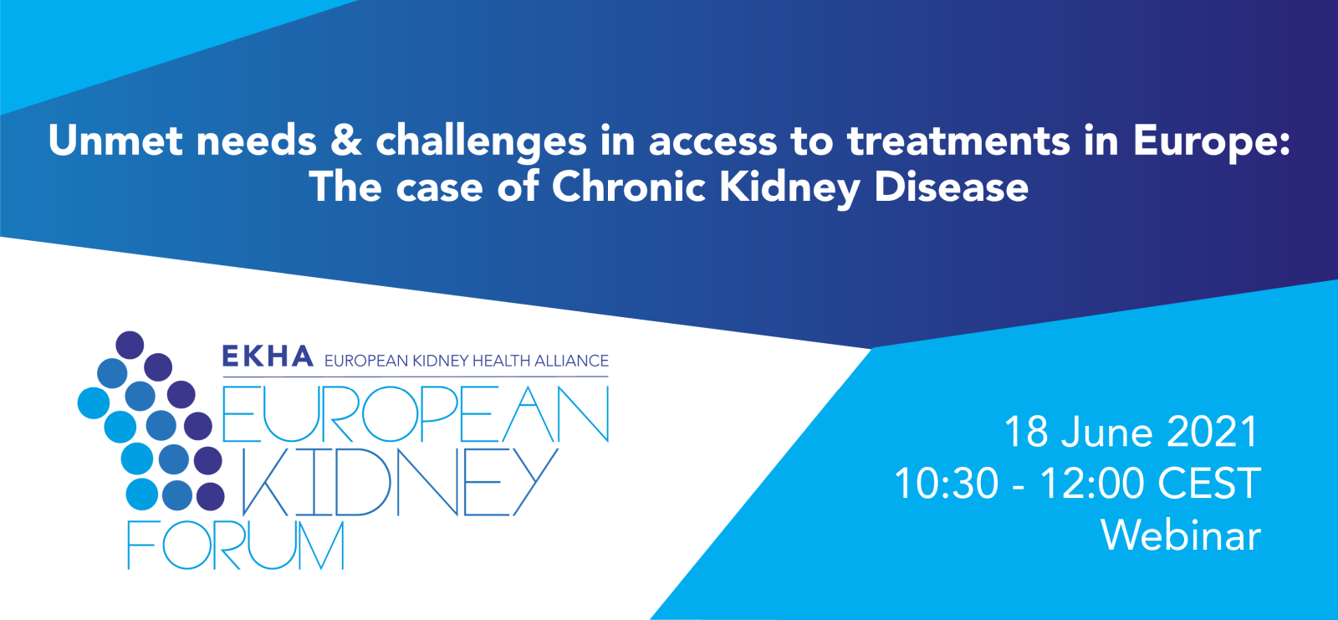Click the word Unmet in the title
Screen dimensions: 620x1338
(x=115, y=140)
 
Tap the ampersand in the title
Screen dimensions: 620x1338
(x=346, y=140)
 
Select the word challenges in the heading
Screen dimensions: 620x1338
(x=481, y=141)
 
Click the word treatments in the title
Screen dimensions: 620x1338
(x=958, y=140)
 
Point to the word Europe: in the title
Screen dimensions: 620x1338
(x=1211, y=141)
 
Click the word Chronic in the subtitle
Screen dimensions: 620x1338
(x=629, y=186)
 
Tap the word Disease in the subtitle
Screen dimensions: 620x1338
(x=951, y=186)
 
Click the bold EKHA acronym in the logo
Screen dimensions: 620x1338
(x=268, y=357)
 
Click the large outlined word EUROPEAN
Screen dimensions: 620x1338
(x=416, y=414)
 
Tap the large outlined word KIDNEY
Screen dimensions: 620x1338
(x=400, y=482)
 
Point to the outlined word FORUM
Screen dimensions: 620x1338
(x=236, y=546)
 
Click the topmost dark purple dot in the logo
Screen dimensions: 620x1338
(x=130, y=345)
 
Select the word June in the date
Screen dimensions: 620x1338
(x=1107, y=432)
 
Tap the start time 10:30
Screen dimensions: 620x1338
(x=946, y=484)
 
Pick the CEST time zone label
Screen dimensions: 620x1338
(x=1209, y=484)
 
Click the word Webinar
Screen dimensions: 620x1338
(x=1180, y=535)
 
